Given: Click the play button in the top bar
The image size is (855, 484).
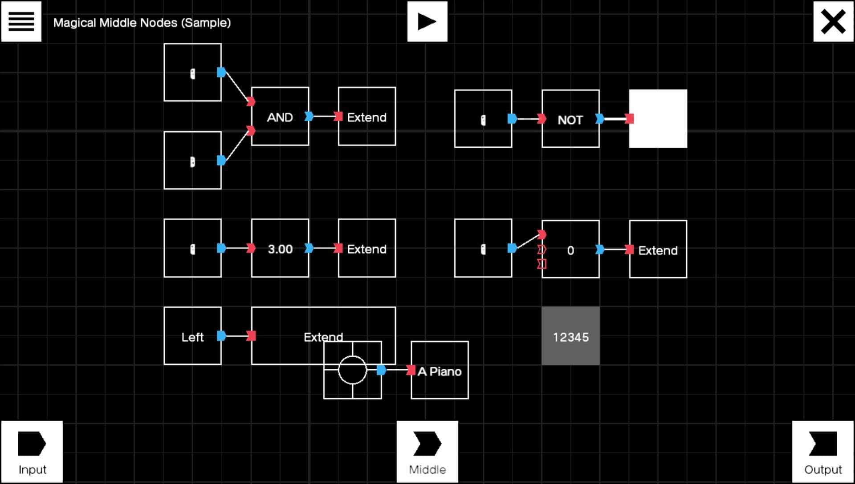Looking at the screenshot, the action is click(x=427, y=21).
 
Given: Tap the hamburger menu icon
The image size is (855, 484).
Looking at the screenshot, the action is click(x=21, y=21).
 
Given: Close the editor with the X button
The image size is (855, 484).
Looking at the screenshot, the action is click(x=833, y=21).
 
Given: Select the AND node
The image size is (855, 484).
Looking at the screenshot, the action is click(x=280, y=117).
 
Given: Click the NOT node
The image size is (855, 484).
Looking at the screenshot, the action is click(x=570, y=119).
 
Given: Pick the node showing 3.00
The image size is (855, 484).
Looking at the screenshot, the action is click(x=280, y=248).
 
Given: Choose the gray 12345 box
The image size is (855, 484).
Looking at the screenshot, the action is click(x=570, y=336).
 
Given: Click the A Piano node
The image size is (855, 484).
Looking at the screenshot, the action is click(x=440, y=370).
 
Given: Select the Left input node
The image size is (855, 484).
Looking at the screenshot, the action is click(x=192, y=336).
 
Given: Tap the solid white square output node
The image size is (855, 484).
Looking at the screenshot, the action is click(x=658, y=119).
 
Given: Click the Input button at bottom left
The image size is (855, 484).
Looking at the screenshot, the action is click(x=32, y=452).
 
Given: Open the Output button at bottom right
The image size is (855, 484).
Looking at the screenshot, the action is click(x=823, y=452).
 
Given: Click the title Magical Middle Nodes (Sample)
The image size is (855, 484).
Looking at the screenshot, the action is click(x=142, y=23).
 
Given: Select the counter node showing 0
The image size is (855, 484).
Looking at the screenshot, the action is click(x=570, y=249).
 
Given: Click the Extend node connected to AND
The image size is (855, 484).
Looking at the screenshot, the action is click(x=367, y=117).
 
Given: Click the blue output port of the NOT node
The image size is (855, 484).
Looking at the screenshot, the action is click(x=600, y=119).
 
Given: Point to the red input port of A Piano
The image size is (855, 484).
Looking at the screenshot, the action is click(x=411, y=370).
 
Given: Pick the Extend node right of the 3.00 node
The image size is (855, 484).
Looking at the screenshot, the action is click(x=367, y=248).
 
